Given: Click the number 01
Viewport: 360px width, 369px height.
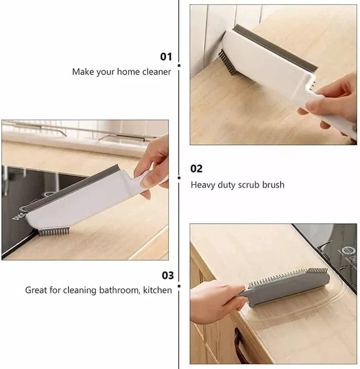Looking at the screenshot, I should tap(166, 56).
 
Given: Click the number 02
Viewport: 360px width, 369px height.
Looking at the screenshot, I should tap(197, 169).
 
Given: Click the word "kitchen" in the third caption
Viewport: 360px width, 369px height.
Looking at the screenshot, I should tap(157, 290).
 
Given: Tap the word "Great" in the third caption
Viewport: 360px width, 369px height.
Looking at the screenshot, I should tap(37, 290).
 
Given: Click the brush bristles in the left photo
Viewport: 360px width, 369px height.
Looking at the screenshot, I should tap(54, 232).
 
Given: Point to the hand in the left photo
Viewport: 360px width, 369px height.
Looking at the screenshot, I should tap(154, 164).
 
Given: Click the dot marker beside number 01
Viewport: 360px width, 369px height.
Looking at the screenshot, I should tap(179, 66).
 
